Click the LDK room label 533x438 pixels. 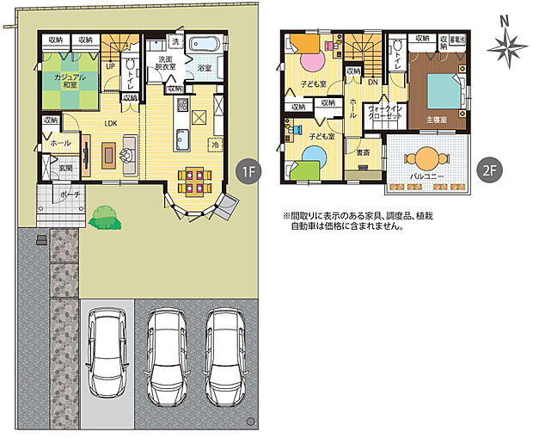[x=111, y=123]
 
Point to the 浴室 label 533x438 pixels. [x=205, y=66]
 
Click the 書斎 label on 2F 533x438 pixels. [x=363, y=154]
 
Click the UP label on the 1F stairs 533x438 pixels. [x=111, y=65]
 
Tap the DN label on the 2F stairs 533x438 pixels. [x=372, y=82]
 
